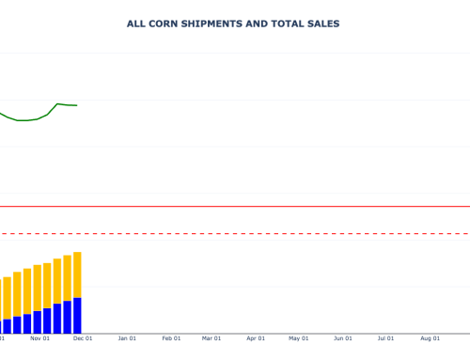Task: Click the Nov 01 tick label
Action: click(x=39, y=338)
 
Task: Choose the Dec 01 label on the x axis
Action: click(x=83, y=338)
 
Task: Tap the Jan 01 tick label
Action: click(x=127, y=338)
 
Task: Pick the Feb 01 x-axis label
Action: click(x=171, y=338)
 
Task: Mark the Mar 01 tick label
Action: click(x=211, y=338)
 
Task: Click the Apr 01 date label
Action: click(x=256, y=338)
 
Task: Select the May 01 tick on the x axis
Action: click(x=298, y=338)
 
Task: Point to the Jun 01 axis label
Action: click(x=342, y=338)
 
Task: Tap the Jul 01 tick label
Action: click(x=385, y=338)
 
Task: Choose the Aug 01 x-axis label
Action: click(x=430, y=338)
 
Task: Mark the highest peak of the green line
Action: click(x=57, y=103)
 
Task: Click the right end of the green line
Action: click(x=76, y=105)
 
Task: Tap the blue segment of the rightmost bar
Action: click(x=77, y=316)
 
